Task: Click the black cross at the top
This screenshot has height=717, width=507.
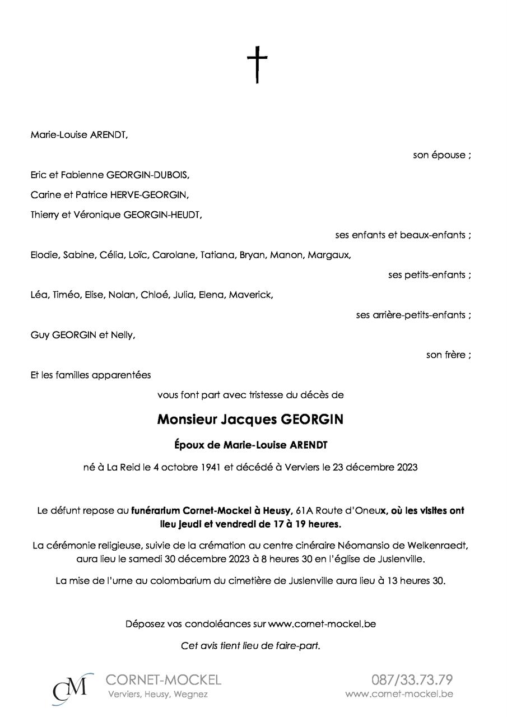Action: [x=257, y=64]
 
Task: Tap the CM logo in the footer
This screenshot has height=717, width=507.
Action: [x=71, y=689]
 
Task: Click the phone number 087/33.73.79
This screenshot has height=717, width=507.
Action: [x=412, y=680]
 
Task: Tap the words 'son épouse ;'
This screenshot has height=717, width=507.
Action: [x=441, y=155]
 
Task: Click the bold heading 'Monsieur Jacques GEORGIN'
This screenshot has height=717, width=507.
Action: [x=250, y=420]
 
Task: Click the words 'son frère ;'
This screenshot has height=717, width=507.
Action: [x=448, y=355]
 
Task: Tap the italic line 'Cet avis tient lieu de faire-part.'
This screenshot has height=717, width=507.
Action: [x=250, y=645]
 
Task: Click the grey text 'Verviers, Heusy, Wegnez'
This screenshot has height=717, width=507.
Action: [x=157, y=695]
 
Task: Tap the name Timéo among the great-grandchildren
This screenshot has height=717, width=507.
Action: [x=66, y=295]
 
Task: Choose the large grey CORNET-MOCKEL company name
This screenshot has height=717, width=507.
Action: [x=163, y=680]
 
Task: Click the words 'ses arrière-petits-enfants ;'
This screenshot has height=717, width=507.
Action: [x=413, y=315]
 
